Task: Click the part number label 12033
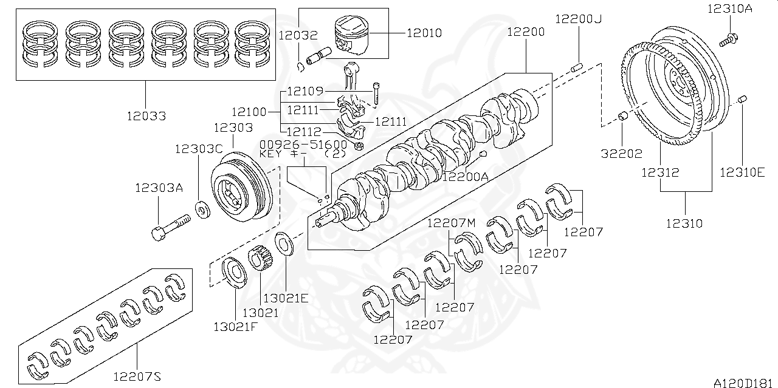click(146, 115)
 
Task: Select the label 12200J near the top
click(578, 19)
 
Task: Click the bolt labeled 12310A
click(728, 40)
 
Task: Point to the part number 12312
click(660, 173)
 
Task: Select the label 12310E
click(742, 173)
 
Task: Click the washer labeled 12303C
click(202, 209)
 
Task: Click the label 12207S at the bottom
click(137, 377)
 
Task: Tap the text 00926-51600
click(303, 145)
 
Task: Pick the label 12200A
click(465, 177)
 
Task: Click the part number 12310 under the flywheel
click(684, 223)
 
